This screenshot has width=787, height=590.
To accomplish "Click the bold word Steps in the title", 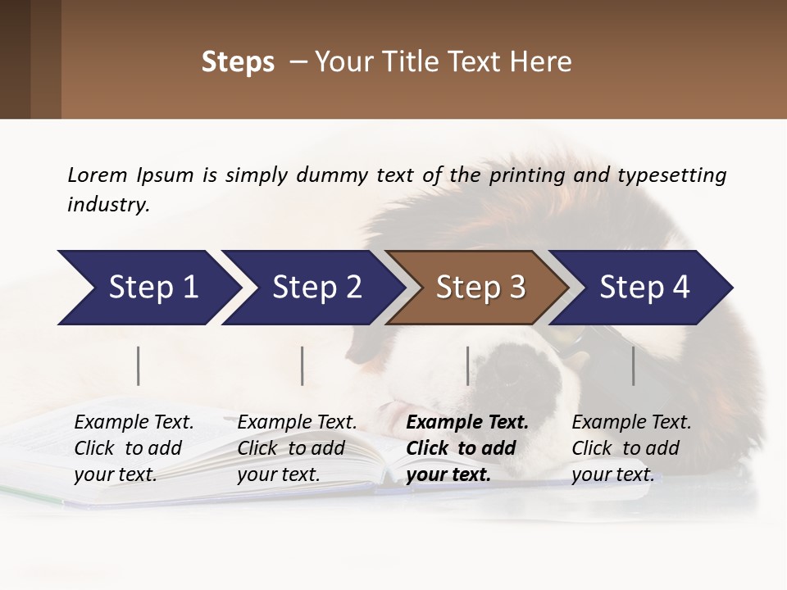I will [x=238, y=62].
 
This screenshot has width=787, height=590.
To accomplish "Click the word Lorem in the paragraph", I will [x=97, y=175].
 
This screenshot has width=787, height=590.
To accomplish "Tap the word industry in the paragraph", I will [x=107, y=205].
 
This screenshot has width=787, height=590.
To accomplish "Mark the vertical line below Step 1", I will [x=138, y=365].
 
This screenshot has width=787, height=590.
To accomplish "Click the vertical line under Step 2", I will [x=303, y=365].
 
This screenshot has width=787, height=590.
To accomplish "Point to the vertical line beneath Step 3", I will [x=468, y=365].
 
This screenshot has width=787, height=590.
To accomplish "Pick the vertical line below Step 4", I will [x=634, y=365].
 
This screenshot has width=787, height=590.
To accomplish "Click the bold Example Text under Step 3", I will [x=467, y=423].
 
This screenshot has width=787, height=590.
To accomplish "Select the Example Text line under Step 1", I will [x=134, y=423].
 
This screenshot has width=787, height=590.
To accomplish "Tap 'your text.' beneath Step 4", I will [x=612, y=474].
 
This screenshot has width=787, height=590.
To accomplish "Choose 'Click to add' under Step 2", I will [x=291, y=449].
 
